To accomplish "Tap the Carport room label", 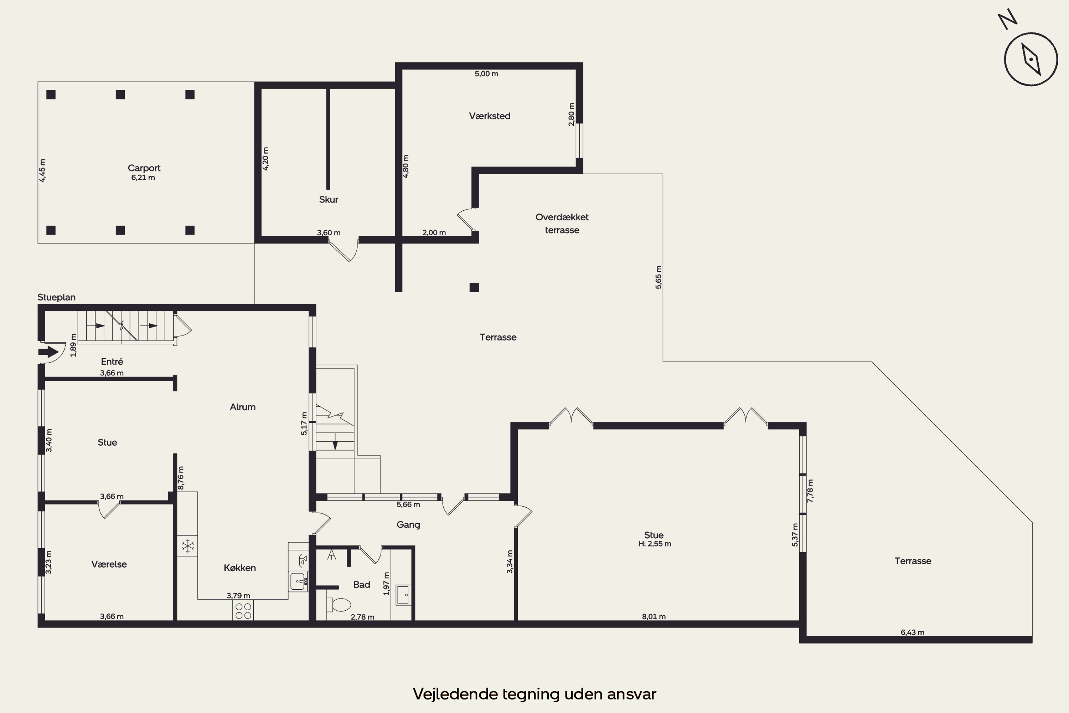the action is click(144, 168).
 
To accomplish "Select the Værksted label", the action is click(490, 116).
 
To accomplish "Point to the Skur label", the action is click(329, 199).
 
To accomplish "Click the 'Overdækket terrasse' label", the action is click(562, 223).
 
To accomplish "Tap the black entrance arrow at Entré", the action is click(48, 352).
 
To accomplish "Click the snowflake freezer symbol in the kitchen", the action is click(188, 546).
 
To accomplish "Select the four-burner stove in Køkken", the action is click(243, 611).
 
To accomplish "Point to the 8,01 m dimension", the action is click(654, 617).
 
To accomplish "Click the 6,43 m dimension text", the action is click(912, 632).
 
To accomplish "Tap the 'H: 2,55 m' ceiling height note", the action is click(655, 544).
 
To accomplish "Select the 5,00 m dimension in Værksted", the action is click(486, 74).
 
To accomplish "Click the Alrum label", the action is click(243, 407).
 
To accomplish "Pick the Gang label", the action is click(408, 525).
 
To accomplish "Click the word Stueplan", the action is click(56, 297).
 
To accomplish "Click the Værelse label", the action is click(109, 564).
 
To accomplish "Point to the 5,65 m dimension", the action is click(659, 277).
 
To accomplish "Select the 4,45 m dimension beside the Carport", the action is click(42, 170).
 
